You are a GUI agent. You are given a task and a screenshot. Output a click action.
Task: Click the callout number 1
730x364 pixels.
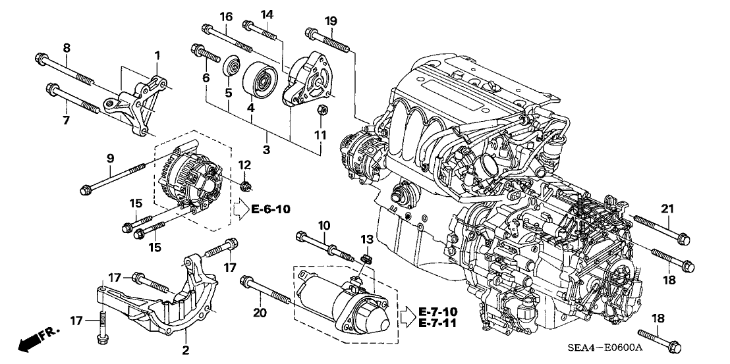157,56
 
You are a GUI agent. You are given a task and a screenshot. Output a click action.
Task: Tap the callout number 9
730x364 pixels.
110,158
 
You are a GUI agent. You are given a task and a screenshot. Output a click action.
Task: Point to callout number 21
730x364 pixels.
667,209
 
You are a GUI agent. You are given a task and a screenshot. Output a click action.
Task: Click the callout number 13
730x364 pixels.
367,238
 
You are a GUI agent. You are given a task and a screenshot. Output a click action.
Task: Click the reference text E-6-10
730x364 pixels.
271,210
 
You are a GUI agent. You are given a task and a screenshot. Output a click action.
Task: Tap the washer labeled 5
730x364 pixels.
231,69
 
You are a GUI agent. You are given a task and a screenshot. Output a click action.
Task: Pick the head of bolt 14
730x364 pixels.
248,26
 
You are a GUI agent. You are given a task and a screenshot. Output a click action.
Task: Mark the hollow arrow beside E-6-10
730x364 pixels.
239,210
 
